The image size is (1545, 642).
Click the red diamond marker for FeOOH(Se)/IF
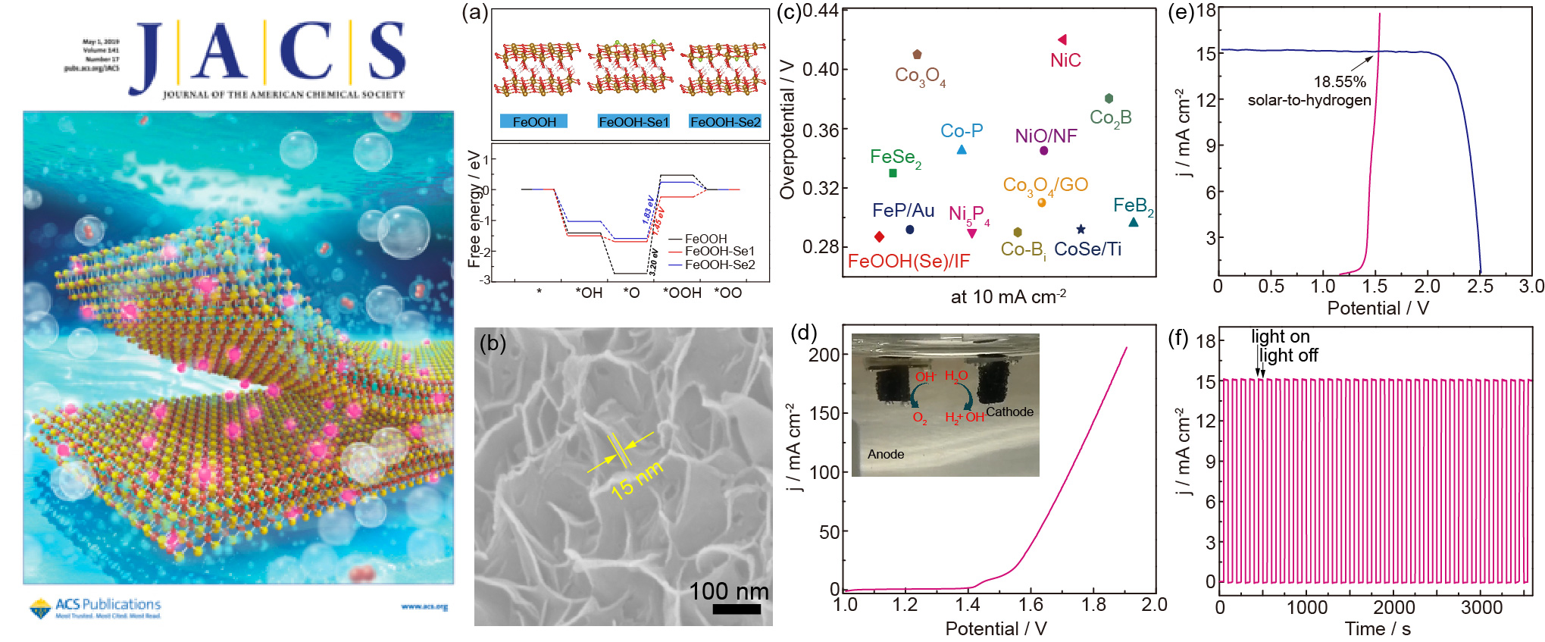(879, 237)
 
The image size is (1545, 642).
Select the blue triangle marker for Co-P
(962, 150)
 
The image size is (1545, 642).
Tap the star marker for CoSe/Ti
(1081, 229)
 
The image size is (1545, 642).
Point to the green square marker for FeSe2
(893, 174)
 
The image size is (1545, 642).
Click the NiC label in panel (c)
(1065, 61)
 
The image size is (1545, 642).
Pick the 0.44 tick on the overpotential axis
(820, 11)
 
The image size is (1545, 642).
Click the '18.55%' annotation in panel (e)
(1340, 82)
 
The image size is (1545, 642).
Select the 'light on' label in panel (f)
(1280, 337)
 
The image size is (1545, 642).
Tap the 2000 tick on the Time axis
(1393, 607)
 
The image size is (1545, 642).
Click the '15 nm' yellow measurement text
(636, 480)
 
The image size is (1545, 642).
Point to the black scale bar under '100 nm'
(736, 609)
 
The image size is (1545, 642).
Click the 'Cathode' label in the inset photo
(1009, 412)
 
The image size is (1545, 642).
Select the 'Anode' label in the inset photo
(886, 454)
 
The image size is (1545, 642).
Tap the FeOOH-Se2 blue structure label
(725, 122)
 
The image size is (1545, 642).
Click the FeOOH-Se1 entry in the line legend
(719, 251)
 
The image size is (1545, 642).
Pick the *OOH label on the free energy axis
(682, 293)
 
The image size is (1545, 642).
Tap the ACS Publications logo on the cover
(95, 607)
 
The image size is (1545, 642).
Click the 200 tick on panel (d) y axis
(824, 355)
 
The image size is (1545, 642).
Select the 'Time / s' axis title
(1377, 628)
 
